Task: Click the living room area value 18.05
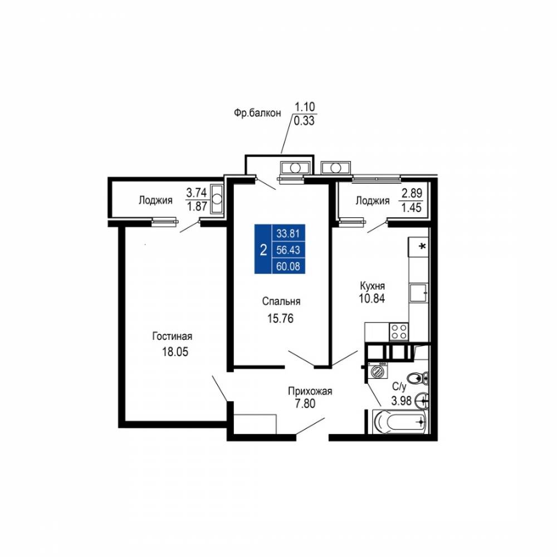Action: [175, 351]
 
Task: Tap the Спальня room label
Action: [281, 301]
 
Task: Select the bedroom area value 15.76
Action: [280, 318]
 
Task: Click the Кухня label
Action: [372, 286]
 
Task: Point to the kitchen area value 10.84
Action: [372, 299]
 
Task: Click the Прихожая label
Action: [310, 392]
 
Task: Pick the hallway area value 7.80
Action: [305, 403]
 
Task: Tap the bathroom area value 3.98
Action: [402, 400]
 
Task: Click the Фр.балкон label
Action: [257, 113]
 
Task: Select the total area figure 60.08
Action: [288, 266]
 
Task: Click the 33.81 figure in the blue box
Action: [288, 234]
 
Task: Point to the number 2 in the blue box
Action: [263, 251]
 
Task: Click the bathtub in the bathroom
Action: [399, 422]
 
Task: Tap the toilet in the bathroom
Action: [417, 378]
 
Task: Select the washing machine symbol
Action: [378, 370]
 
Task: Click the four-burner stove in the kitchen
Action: [399, 332]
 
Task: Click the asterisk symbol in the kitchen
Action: [423, 246]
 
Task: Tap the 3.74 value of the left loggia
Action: [197, 193]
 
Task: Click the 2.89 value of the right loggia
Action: [412, 193]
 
